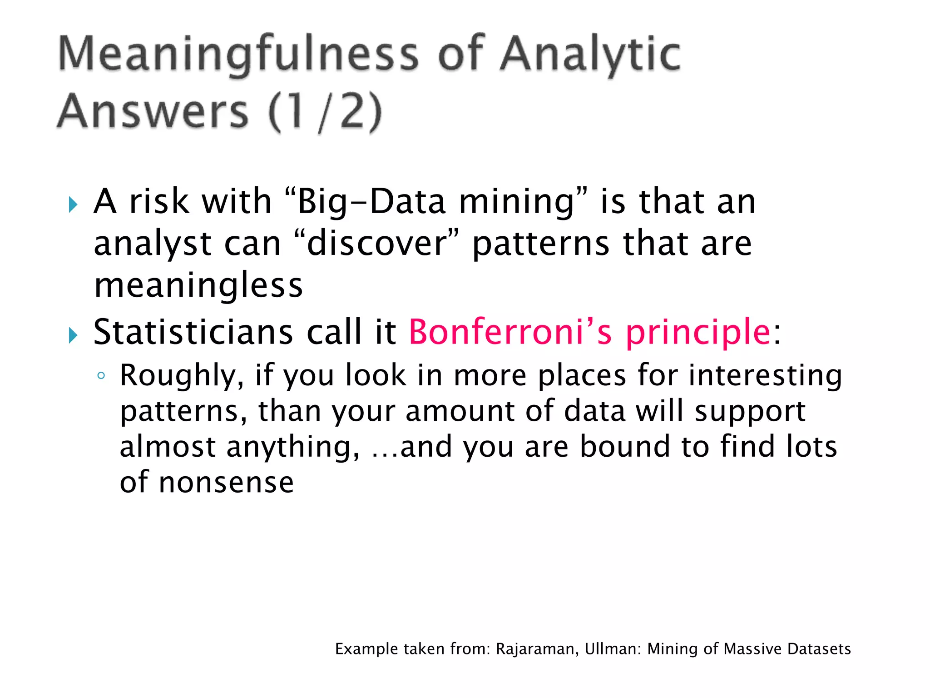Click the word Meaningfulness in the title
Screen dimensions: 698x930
238,55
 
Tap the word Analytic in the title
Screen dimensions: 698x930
590,55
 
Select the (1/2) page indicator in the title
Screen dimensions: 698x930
325,112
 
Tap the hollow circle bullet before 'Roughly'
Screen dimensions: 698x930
101,376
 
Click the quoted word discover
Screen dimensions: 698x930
377,244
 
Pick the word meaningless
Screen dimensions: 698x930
198,286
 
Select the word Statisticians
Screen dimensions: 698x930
193,332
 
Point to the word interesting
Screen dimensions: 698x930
765,376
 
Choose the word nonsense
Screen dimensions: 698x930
226,483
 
